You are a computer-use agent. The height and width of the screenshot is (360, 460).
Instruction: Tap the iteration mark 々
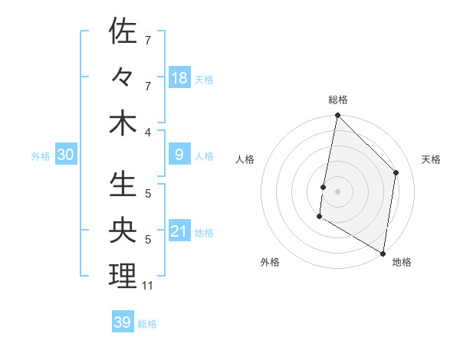pyautogui.click(x=123, y=77)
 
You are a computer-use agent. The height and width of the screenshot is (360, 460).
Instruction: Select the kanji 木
pyautogui.click(x=123, y=123)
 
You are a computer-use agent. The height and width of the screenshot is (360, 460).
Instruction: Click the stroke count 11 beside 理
pyautogui.click(x=147, y=286)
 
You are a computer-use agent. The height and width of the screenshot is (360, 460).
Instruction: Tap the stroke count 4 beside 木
pyautogui.click(x=148, y=132)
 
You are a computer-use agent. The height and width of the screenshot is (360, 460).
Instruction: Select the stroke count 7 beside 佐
pyautogui.click(x=147, y=40)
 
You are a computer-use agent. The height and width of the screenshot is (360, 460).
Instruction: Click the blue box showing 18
pyautogui.click(x=179, y=77)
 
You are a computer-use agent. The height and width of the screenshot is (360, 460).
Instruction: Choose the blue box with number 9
pyautogui.click(x=179, y=155)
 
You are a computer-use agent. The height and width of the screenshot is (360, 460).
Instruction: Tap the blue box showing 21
pyautogui.click(x=179, y=231)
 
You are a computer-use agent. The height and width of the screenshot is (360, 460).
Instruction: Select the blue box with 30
pyautogui.click(x=66, y=155)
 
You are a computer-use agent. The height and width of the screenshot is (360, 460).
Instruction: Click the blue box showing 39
pyautogui.click(x=123, y=322)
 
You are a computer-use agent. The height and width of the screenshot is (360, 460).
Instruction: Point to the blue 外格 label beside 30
pyautogui.click(x=41, y=156)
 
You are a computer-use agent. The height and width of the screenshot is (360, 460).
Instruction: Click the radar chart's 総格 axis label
pyautogui.click(x=338, y=100)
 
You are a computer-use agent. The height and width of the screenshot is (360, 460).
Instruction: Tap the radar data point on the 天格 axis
pyautogui.click(x=396, y=172)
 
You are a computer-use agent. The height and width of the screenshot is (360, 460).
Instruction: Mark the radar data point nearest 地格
pyautogui.click(x=383, y=252)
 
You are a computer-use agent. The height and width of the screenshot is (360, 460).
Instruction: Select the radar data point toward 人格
pyautogui.click(x=324, y=187)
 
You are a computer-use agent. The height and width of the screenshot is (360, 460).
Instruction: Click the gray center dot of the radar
pyautogui.click(x=338, y=191)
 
